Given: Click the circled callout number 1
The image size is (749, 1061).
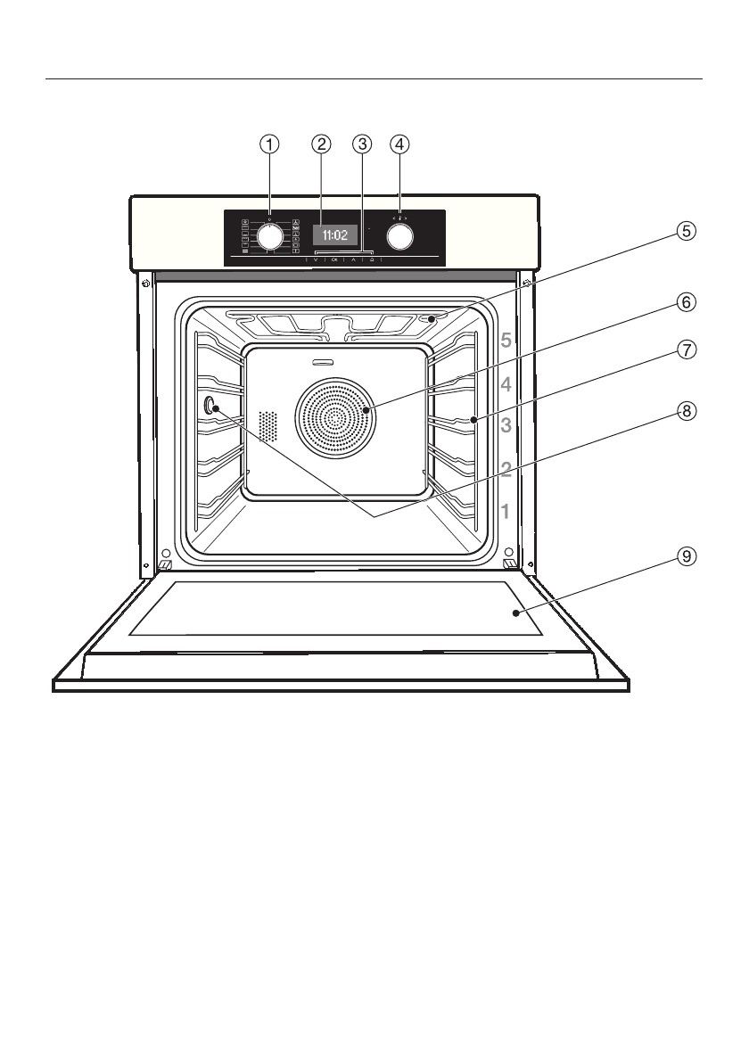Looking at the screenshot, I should [x=270, y=143].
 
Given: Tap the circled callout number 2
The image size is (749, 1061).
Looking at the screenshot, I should [x=321, y=143].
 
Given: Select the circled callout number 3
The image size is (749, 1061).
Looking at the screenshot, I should [x=361, y=143].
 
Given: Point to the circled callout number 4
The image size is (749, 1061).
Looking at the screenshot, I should [x=400, y=143].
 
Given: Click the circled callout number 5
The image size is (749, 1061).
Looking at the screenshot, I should [x=685, y=231].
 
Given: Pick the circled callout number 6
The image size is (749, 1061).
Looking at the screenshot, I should [x=685, y=301].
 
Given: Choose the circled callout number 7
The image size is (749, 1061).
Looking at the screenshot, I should [x=685, y=350].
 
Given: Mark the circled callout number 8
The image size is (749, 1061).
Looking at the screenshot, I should [x=685, y=411].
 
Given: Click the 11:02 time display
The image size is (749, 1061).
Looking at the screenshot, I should [x=334, y=236].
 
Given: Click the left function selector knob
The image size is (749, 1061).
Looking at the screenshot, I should [x=270, y=236].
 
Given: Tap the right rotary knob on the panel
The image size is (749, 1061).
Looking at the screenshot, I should [x=400, y=236].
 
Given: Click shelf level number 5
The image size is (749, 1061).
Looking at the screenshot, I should [x=506, y=340].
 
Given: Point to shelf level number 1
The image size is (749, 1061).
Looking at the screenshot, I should [x=506, y=512].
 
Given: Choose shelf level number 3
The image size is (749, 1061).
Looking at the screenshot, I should [x=506, y=425].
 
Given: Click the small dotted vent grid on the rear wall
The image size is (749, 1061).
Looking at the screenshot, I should [x=267, y=427].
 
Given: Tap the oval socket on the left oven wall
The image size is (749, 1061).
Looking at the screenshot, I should [x=211, y=406].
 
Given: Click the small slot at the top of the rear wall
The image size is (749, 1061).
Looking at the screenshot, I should [x=322, y=362].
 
